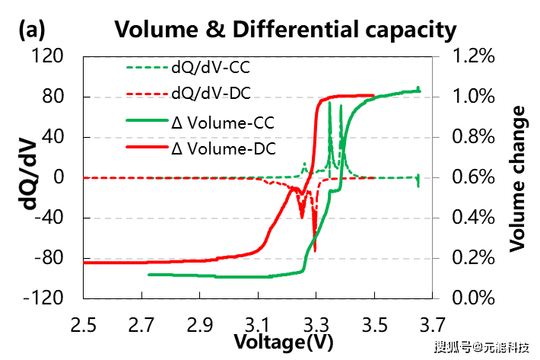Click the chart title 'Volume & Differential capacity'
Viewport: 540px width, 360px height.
(285, 30)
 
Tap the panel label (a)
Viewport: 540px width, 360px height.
(32, 30)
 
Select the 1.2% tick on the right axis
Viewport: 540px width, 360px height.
(475, 56)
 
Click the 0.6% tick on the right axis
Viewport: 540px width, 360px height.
(475, 177)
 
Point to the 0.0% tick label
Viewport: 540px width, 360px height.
(475, 298)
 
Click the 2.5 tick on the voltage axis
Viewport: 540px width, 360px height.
(83, 327)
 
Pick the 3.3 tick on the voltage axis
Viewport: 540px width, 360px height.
(316, 327)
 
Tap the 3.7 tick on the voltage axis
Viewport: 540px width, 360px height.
(433, 327)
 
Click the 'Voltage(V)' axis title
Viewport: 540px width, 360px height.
(283, 342)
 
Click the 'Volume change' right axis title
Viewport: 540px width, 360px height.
(519, 178)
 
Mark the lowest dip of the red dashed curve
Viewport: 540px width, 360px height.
(314, 250)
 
